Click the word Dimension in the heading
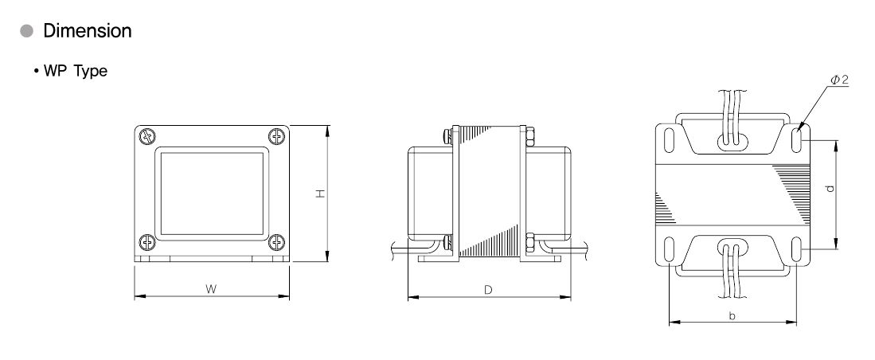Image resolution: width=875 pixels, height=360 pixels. pos(88,31)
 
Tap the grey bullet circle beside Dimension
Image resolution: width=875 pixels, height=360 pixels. pos(27,31)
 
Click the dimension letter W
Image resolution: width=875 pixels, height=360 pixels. pos(210,288)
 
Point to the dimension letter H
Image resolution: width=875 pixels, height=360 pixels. pos(320,193)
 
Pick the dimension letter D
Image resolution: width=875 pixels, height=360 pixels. pos(488,290)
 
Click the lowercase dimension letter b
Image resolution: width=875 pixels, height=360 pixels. pos(732,316)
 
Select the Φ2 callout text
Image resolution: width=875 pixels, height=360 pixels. pos(838,80)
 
